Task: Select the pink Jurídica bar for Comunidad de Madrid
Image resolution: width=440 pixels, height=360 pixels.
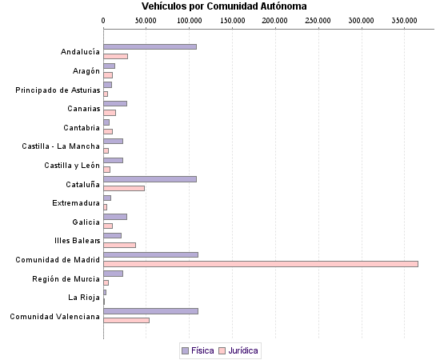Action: click(261, 263)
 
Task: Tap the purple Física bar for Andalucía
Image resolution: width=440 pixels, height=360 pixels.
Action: click(150, 46)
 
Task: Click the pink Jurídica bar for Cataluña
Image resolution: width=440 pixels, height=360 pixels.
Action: click(124, 188)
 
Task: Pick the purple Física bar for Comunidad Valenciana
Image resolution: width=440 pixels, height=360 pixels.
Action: click(150, 310)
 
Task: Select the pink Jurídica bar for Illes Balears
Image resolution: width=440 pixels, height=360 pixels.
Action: click(119, 245)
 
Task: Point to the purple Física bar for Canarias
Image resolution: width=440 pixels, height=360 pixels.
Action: click(115, 103)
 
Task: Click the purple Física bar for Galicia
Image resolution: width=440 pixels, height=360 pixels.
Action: click(115, 216)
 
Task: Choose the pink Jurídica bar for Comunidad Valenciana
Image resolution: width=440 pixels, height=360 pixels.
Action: click(126, 320)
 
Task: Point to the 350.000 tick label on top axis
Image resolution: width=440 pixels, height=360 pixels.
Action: click(405, 19)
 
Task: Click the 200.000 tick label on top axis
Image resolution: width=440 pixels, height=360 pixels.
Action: click(275, 19)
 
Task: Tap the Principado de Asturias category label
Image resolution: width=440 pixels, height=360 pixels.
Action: click(58, 90)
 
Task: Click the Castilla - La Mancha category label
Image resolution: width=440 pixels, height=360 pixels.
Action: click(61, 146)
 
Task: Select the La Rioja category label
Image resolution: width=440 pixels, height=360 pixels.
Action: click(84, 298)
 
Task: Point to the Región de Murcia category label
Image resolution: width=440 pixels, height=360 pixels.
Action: click(66, 278)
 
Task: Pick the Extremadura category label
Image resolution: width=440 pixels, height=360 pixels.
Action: click(76, 203)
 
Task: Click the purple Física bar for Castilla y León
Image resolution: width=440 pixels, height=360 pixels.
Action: click(113, 160)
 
